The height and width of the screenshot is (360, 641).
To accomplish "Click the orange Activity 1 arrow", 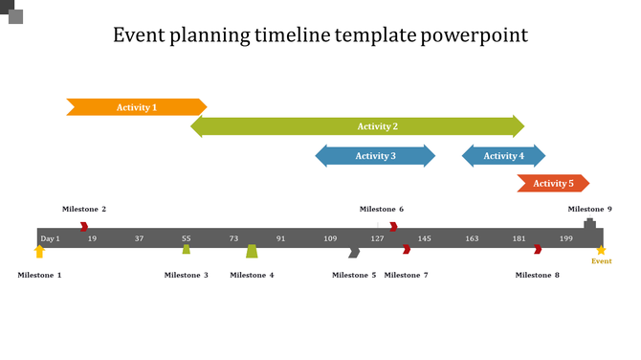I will click(x=136, y=107).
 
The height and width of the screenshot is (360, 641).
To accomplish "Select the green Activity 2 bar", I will click(x=358, y=126).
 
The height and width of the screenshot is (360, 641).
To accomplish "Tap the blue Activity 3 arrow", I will click(x=375, y=156).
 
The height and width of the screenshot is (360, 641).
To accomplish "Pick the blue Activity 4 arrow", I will click(x=503, y=156).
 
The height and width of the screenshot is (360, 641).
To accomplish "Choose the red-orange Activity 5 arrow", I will click(x=553, y=184).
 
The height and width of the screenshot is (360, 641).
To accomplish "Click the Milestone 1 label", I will click(x=39, y=276).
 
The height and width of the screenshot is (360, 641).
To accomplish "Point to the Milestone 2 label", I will click(x=84, y=210).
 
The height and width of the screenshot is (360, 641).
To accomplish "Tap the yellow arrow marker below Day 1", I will click(x=39, y=252).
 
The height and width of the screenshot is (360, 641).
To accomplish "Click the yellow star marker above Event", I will click(x=601, y=250).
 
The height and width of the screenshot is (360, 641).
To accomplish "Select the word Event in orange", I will click(x=601, y=261).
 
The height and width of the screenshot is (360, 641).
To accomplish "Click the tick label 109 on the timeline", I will click(x=330, y=238).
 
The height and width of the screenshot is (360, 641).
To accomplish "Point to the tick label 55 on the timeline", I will click(x=187, y=238).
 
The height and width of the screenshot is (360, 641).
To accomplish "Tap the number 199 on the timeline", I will click(x=566, y=238).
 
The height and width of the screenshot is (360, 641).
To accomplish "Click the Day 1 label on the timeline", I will click(x=50, y=238).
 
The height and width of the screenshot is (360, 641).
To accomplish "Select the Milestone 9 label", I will click(x=589, y=210).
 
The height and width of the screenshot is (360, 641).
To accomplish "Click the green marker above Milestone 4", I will click(x=252, y=251).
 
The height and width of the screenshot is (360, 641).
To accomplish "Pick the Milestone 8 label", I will click(x=537, y=276).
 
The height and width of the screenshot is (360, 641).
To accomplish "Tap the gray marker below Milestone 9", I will click(x=589, y=223).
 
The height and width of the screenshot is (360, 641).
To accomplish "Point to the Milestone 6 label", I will click(x=382, y=210).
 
